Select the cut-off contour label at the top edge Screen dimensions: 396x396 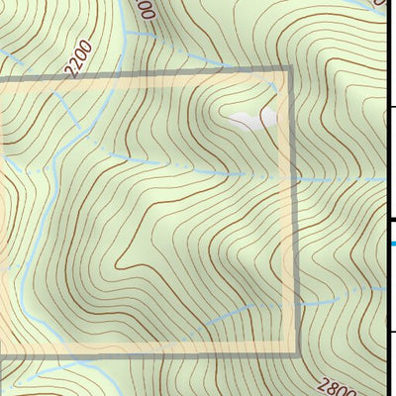click(146, 10)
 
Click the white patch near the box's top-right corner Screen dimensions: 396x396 click(250, 121)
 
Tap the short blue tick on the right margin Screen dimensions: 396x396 click(392, 242)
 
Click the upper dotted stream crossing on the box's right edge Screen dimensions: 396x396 click(294, 180)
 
